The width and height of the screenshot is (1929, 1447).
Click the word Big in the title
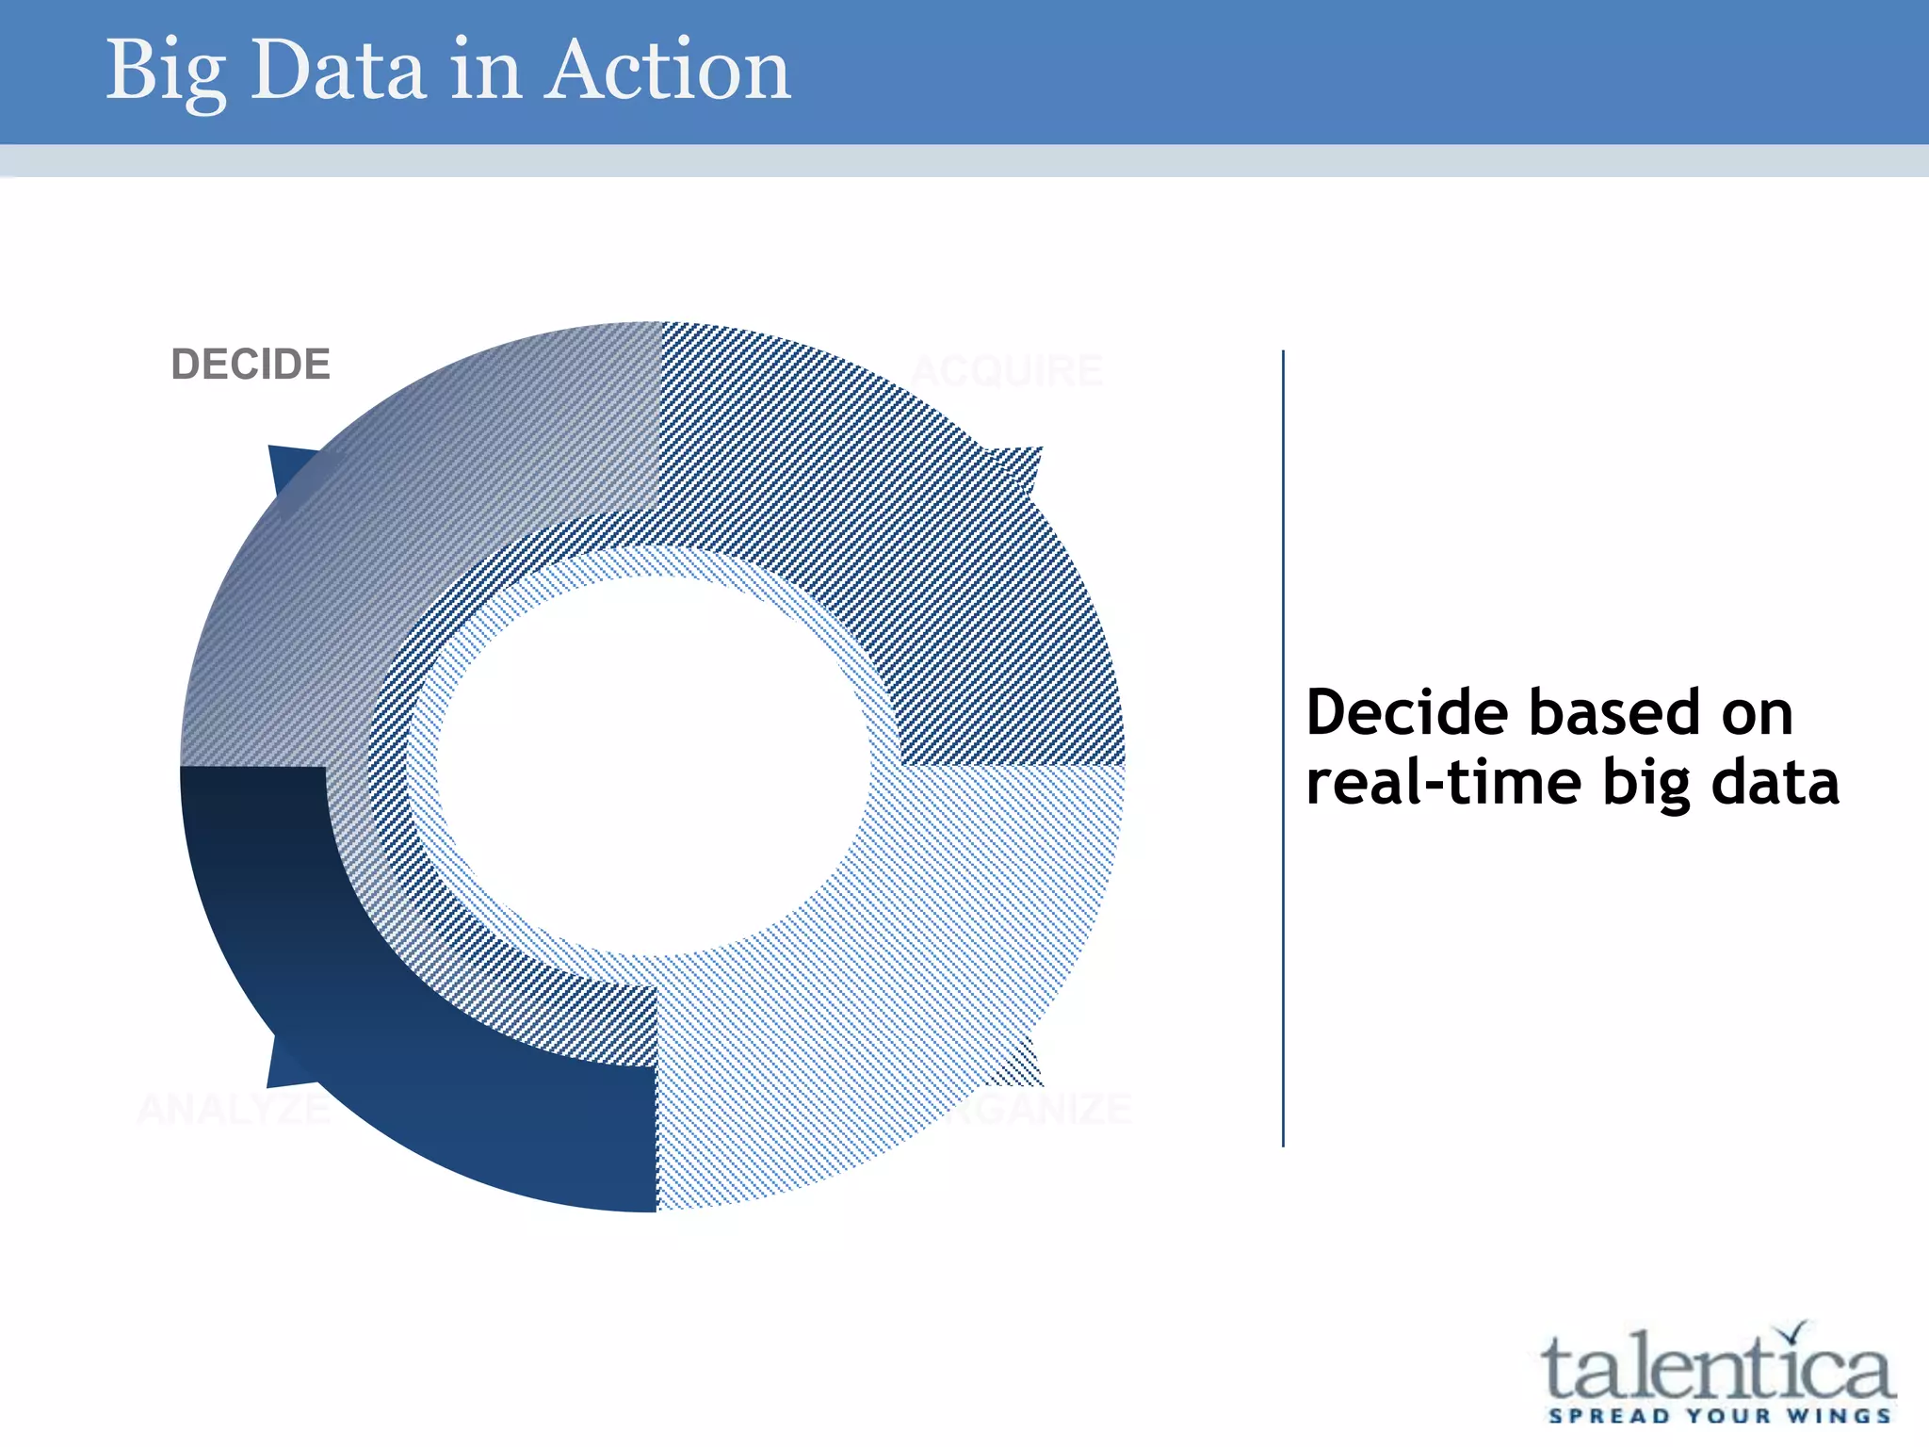(165, 72)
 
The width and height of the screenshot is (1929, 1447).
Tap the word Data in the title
(337, 72)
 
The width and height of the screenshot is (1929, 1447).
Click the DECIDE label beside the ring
(251, 365)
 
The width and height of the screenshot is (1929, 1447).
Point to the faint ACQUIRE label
(1006, 371)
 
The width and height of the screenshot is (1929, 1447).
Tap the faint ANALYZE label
(234, 1110)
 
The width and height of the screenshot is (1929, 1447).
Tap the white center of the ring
(650, 763)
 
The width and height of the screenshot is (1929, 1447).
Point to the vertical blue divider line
(1283, 749)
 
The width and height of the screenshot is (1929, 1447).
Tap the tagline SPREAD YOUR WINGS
(1719, 1416)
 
